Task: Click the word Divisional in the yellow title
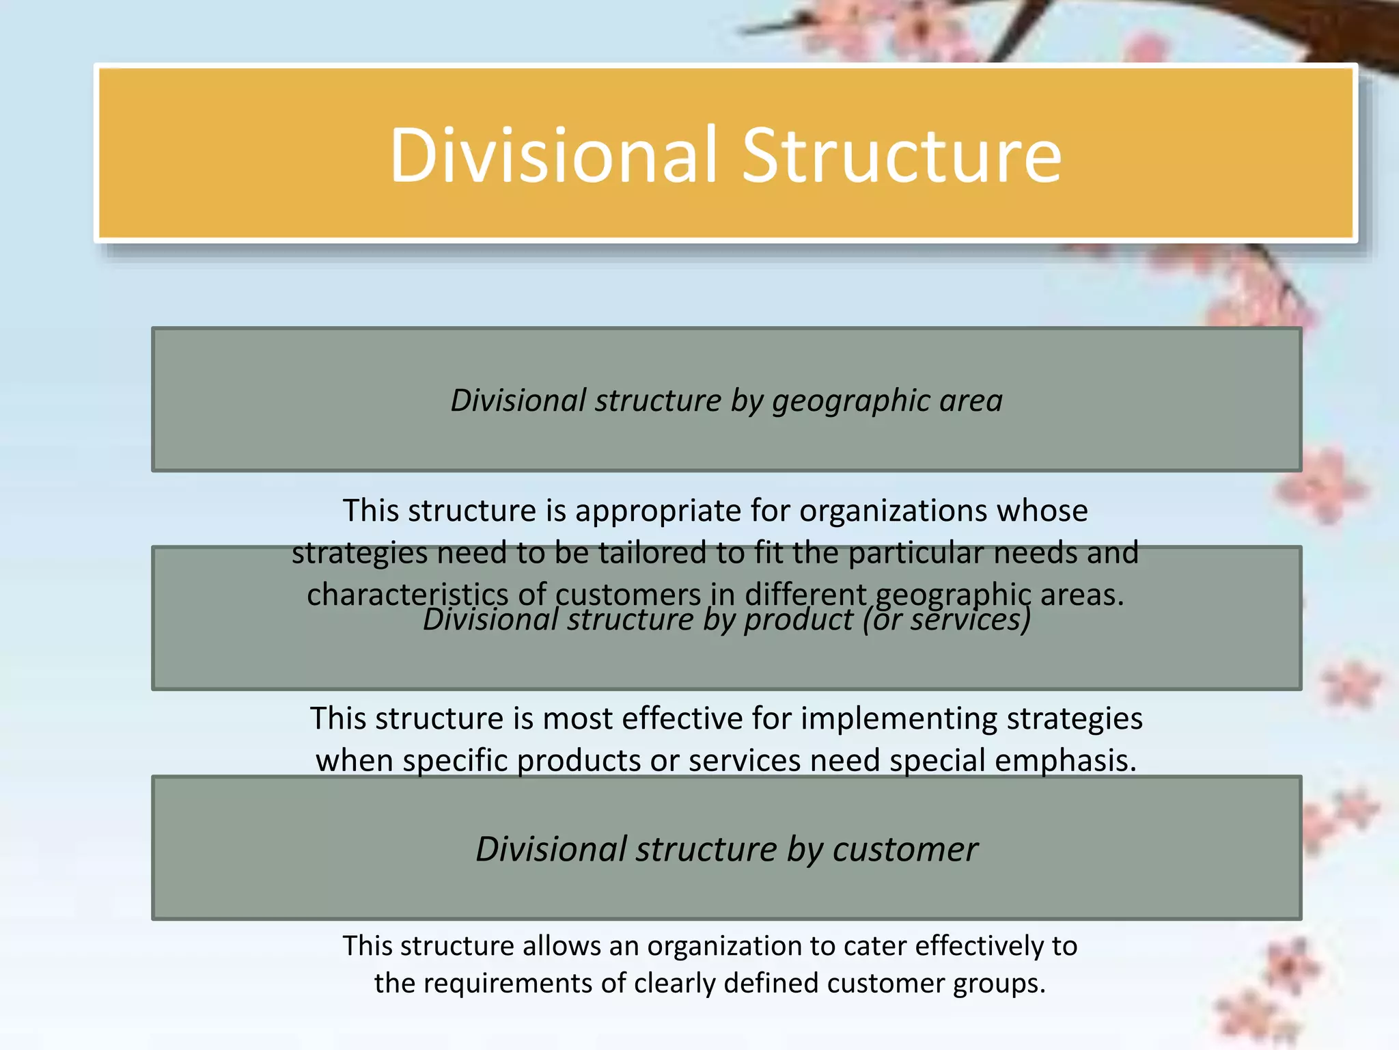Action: click(553, 156)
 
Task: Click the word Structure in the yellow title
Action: click(902, 156)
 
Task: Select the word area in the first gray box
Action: click(971, 401)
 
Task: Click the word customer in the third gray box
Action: click(905, 850)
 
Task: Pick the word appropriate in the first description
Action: click(678, 511)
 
